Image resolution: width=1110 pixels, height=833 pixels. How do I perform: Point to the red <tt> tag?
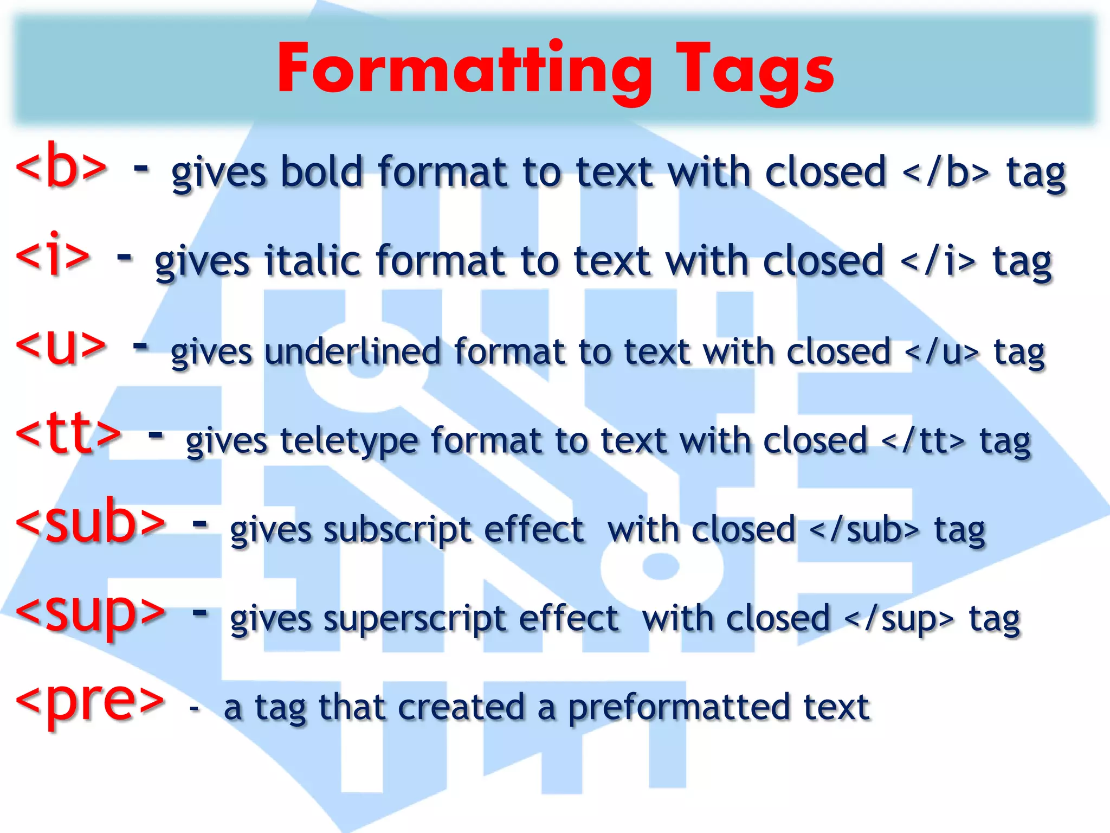click(x=69, y=434)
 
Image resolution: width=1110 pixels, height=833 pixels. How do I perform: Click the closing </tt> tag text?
click(x=923, y=440)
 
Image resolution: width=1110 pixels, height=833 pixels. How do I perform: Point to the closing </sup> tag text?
click(x=899, y=619)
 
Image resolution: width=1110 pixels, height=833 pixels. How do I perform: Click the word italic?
click(x=313, y=261)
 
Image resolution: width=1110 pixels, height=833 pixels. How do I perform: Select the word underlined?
click(x=353, y=351)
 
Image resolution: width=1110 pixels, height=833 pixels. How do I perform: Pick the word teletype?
click(x=349, y=440)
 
